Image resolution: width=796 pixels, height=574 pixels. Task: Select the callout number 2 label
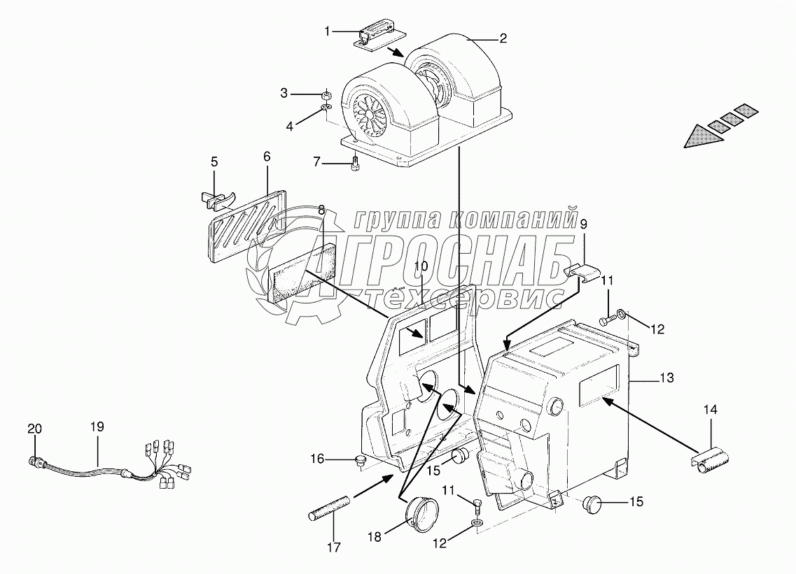coord(503,39)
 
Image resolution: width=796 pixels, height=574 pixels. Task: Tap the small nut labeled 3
coord(326,94)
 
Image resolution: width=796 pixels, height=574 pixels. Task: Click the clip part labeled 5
coord(216,199)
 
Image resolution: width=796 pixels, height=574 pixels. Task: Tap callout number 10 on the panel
coord(420,266)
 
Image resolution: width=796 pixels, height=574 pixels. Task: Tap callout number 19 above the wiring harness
coord(97,426)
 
